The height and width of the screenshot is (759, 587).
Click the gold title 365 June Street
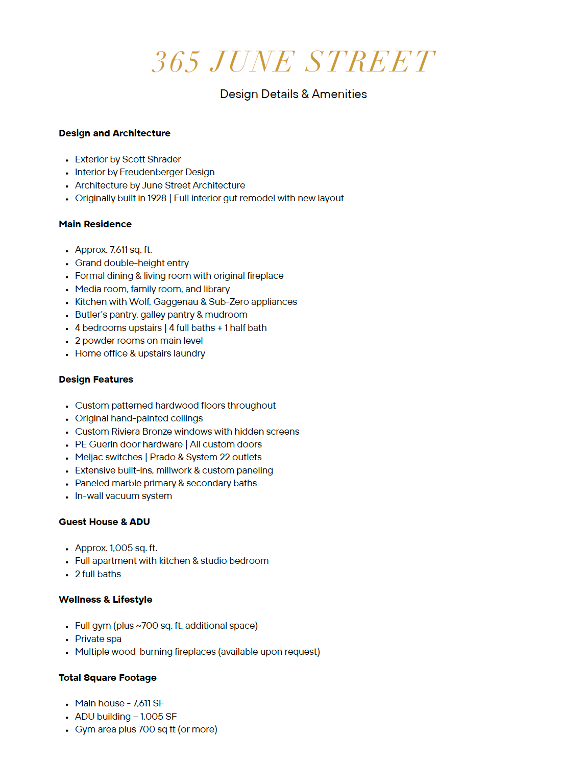(293, 62)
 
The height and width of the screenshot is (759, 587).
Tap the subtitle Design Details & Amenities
(293, 94)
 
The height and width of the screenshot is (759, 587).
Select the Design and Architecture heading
(114, 133)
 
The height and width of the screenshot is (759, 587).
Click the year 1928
(157, 198)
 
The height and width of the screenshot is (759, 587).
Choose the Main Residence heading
(95, 224)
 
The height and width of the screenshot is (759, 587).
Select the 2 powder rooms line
(139, 341)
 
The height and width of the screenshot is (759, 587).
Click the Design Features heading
(96, 379)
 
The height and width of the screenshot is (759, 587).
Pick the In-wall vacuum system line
(124, 496)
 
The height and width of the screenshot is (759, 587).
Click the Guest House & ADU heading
(104, 522)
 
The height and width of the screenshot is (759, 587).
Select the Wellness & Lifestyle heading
(105, 600)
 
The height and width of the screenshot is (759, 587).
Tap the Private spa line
(98, 639)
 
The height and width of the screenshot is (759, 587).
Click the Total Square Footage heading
(107, 678)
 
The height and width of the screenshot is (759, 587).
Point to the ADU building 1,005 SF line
(126, 717)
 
